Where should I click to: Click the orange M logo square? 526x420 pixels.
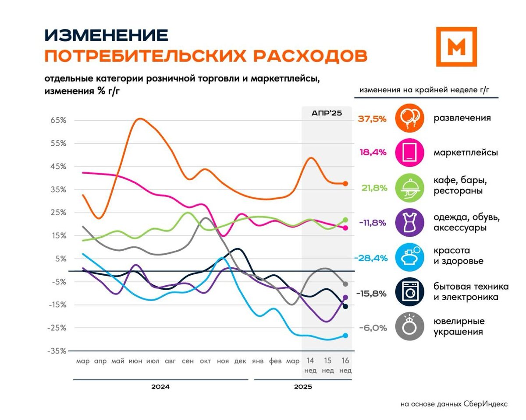click(x=456, y=46)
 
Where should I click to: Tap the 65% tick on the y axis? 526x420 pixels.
click(x=59, y=120)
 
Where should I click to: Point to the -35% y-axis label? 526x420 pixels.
click(x=58, y=351)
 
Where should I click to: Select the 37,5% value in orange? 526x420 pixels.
click(x=372, y=119)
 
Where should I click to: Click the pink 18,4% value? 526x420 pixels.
click(x=373, y=153)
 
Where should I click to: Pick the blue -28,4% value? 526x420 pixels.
click(x=371, y=258)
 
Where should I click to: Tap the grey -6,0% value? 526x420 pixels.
click(x=373, y=328)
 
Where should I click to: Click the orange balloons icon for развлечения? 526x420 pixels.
click(x=409, y=118)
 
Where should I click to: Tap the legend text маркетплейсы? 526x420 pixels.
click(x=466, y=153)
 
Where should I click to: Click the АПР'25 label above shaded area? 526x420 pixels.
click(x=327, y=113)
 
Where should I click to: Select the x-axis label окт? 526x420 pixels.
click(x=205, y=361)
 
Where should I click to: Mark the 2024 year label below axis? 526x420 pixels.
click(x=160, y=387)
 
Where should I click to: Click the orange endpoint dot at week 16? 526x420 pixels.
click(x=345, y=184)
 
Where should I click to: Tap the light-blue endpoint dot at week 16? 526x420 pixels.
click(x=345, y=336)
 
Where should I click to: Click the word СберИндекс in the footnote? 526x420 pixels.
click(x=486, y=404)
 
